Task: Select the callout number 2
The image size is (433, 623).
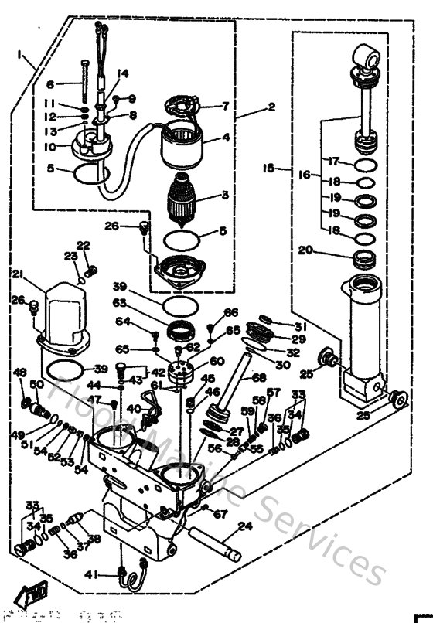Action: click(x=271, y=107)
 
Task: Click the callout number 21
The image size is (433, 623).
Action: click(x=18, y=274)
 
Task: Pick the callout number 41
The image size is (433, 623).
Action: click(x=112, y=574)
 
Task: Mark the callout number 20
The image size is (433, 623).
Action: click(x=305, y=250)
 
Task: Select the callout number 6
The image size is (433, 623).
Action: click(x=51, y=84)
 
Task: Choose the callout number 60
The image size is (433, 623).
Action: click(x=216, y=361)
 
